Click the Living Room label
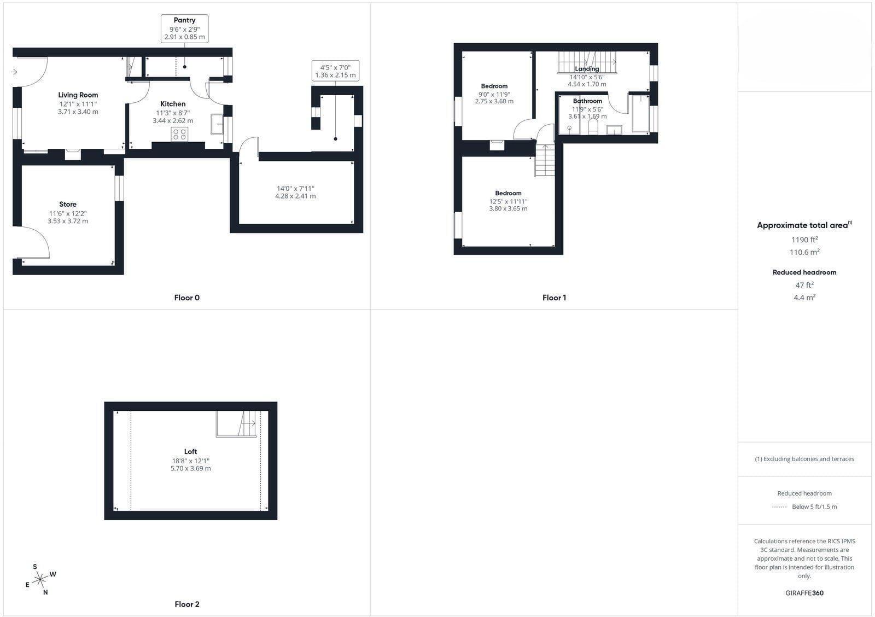click(78, 95)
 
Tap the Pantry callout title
click(184, 20)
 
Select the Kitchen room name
click(173, 104)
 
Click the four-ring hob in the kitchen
click(179, 134)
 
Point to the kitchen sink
click(217, 124)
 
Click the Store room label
click(68, 205)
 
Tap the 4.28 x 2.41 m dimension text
click(295, 196)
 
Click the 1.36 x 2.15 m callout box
click(336, 71)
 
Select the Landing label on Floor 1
click(587, 69)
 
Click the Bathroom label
click(587, 101)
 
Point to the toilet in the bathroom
click(593, 127)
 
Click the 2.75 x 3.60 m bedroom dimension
click(494, 101)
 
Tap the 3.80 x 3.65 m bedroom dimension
click(508, 208)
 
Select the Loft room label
click(191, 452)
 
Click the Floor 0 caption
click(186, 298)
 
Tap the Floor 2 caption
click(186, 604)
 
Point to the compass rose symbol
click(40, 579)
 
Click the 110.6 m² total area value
click(804, 252)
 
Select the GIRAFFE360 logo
click(804, 593)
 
